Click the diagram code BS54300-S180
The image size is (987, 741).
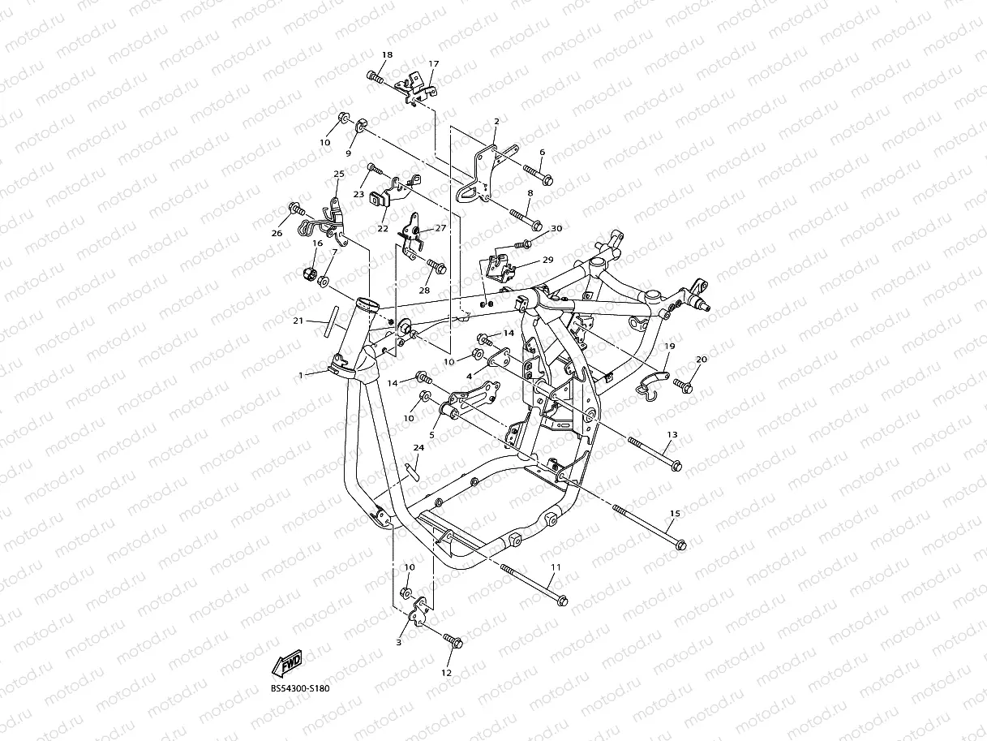[x=300, y=688]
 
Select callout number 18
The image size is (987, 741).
[x=387, y=54]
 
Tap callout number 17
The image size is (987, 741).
[x=433, y=63]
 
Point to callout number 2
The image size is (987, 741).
[x=496, y=122]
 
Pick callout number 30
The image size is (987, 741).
[x=556, y=229]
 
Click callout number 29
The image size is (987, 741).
[x=547, y=260]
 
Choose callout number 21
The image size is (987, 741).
[x=298, y=321]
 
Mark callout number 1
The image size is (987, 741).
[x=301, y=375]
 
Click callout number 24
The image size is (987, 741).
[x=418, y=447]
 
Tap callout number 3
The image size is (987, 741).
[x=398, y=642]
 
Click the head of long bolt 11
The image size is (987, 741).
[x=562, y=601]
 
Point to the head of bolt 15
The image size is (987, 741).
[x=680, y=543]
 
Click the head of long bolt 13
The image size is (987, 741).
[x=676, y=466]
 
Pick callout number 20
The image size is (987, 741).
[x=702, y=359]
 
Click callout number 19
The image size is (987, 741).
[x=670, y=346]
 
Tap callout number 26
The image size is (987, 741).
[x=277, y=233]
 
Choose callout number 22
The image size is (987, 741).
[x=382, y=229]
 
